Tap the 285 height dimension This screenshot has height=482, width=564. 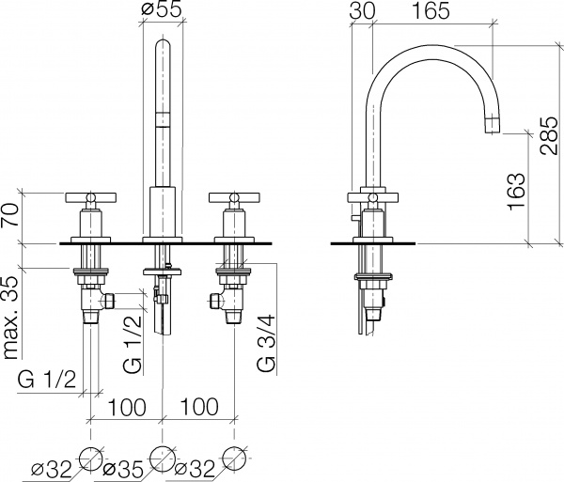tap(549, 135)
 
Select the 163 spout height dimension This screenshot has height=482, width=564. tap(516, 192)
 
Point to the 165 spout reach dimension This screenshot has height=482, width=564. tap(431, 10)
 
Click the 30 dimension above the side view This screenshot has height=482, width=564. tap(362, 10)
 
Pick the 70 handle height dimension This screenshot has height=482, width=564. tap(10, 214)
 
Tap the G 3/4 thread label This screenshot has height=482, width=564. tap(266, 343)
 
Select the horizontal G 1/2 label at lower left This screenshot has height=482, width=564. tap(47, 380)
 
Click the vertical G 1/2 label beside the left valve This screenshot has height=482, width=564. tap(132, 345)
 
